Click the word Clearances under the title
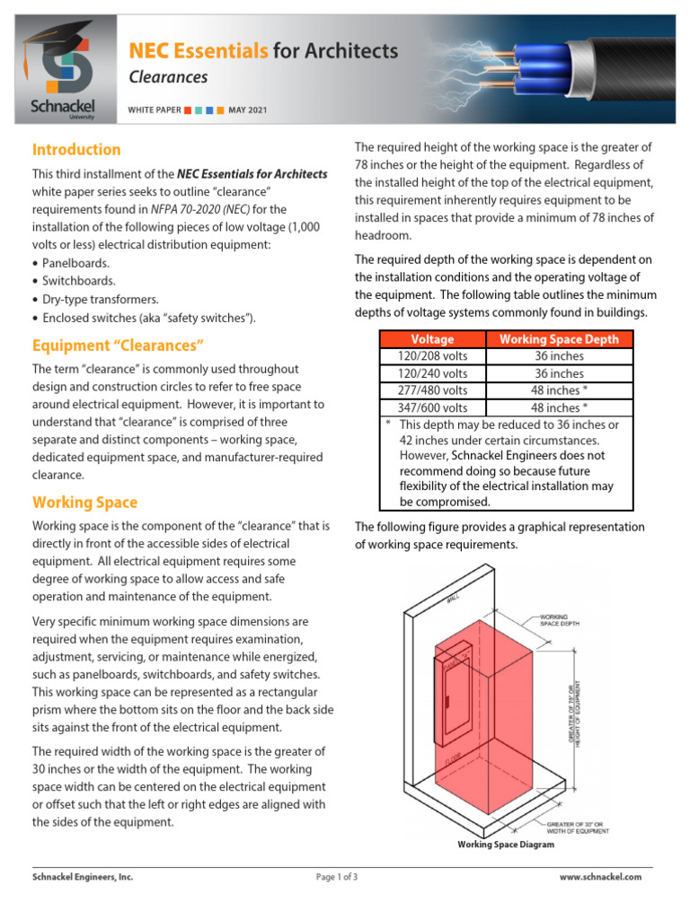click(x=168, y=77)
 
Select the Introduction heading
click(x=76, y=150)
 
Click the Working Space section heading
click(x=84, y=503)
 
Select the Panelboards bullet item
click(x=76, y=263)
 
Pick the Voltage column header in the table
click(x=432, y=339)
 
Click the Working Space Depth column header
click(x=559, y=339)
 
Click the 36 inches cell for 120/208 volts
click(x=559, y=355)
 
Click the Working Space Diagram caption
click(x=506, y=845)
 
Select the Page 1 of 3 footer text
click(x=337, y=877)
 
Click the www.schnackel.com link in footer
click(x=600, y=877)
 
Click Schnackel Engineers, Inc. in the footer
click(x=83, y=877)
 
